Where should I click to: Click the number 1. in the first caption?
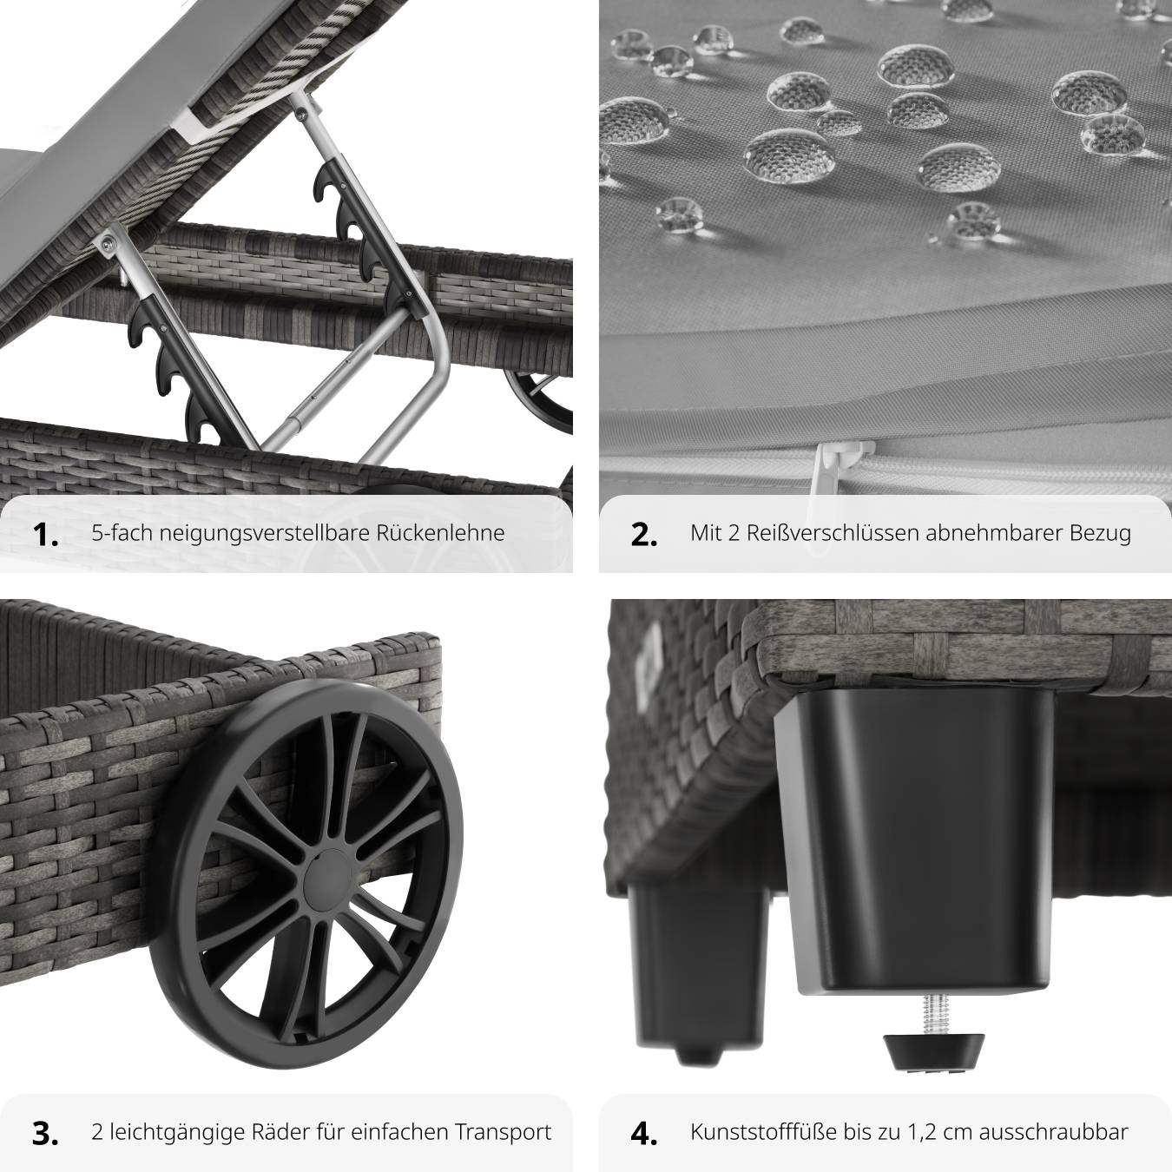(46, 535)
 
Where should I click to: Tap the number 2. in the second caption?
(644, 535)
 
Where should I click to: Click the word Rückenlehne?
(440, 533)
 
